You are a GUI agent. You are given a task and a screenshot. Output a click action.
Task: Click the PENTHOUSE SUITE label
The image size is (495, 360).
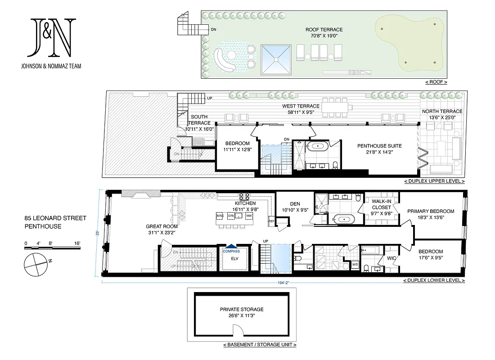(x=379, y=146)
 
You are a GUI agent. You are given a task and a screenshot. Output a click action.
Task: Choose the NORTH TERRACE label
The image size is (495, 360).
(x=442, y=112)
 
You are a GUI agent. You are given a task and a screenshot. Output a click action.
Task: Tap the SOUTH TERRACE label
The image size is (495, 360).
(x=198, y=120)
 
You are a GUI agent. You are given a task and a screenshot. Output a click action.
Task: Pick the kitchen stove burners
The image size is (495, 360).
(x=245, y=196)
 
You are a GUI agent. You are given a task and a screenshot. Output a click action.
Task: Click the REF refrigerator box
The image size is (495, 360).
(x=271, y=221)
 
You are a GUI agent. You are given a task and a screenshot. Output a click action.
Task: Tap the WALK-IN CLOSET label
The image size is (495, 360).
(x=381, y=204)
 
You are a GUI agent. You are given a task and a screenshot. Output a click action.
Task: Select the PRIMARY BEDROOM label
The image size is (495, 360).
(x=431, y=211)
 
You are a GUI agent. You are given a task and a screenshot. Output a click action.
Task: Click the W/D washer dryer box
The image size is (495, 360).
(x=355, y=264)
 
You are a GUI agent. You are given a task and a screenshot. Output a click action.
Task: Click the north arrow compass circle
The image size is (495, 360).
(x=34, y=264)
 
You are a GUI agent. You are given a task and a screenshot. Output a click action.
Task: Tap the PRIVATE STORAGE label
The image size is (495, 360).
(x=242, y=310)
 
